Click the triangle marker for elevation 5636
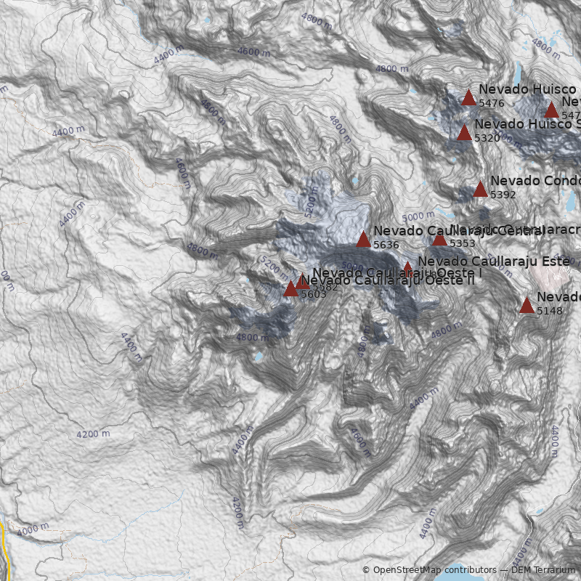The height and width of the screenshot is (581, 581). point(363,239)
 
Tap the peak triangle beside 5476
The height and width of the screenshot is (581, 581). point(468,98)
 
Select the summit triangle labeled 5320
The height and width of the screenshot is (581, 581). point(464,132)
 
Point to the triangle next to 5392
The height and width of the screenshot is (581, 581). point(480,189)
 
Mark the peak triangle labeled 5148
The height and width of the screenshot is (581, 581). point(527,305)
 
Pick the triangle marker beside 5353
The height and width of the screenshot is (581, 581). point(439,238)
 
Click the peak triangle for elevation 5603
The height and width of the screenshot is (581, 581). point(290,288)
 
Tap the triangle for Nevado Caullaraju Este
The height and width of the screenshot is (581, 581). point(408,268)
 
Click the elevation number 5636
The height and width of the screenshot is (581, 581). point(386,245)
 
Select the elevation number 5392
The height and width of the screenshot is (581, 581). point(503,195)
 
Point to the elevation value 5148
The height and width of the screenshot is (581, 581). point(550,311)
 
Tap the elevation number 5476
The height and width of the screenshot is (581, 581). point(492,104)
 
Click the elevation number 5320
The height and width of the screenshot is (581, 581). point(487,138)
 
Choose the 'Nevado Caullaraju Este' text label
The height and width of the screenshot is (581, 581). point(494,261)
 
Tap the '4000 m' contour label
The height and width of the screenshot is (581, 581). point(32,529)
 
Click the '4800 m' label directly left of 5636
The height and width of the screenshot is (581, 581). point(203,251)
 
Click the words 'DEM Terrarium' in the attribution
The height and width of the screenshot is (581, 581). point(543,570)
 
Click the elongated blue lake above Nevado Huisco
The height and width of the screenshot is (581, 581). point(517,73)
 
